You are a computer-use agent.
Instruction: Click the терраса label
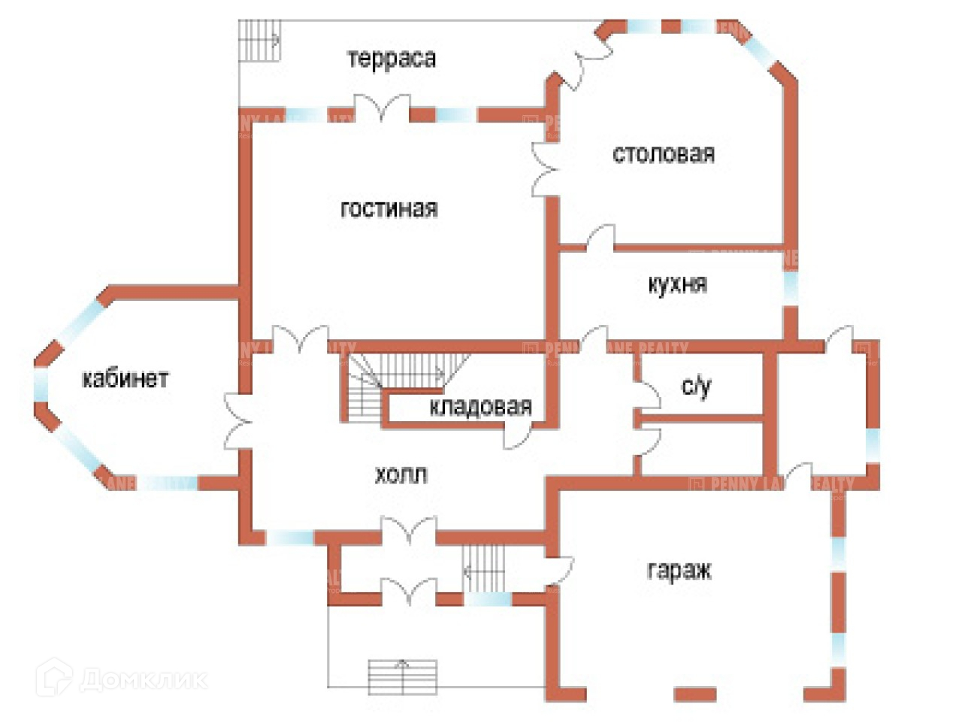[x=392, y=59]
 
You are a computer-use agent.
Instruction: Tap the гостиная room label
[x=389, y=208]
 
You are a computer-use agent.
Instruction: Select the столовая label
[x=664, y=154]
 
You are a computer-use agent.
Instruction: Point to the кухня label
[x=677, y=284]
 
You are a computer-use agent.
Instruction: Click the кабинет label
[x=125, y=378]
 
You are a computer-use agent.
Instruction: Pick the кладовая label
[x=481, y=407]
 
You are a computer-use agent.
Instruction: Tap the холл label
[x=401, y=475]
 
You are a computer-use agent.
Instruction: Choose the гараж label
[x=679, y=570]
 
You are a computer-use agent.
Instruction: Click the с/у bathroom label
[x=696, y=386]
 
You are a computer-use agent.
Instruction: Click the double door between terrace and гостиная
[x=383, y=109]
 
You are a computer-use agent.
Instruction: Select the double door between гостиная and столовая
[x=546, y=170]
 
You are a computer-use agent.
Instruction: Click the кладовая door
[x=519, y=434]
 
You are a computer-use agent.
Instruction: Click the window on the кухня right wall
[x=790, y=287]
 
